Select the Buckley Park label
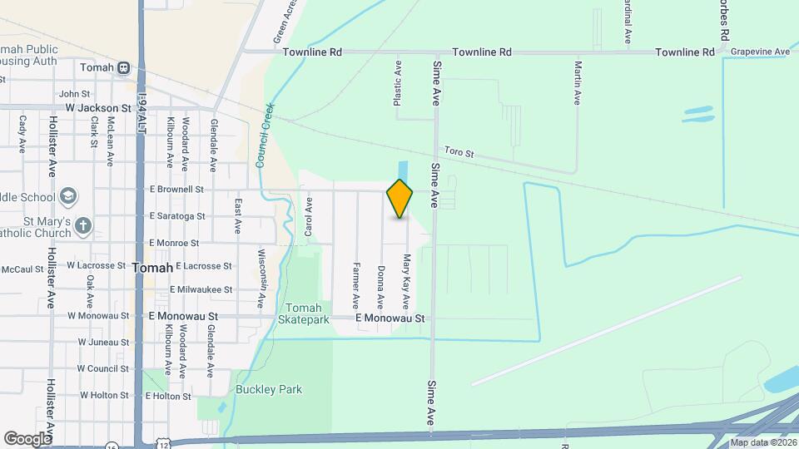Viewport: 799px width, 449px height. coord(268,389)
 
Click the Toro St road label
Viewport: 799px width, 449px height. coord(459,153)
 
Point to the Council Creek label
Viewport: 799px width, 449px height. coord(265,136)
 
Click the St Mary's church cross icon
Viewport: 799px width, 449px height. coord(82,225)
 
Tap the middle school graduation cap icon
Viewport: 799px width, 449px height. coord(68,197)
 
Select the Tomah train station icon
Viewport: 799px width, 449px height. coord(123,67)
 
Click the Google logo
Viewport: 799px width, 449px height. coord(27,438)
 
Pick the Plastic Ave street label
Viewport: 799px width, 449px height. coord(398,81)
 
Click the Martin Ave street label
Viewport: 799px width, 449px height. coord(576,81)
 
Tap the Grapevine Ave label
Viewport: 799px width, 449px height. coord(760,52)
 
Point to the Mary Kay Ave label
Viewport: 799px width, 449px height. coord(407,281)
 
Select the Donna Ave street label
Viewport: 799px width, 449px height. coord(380,287)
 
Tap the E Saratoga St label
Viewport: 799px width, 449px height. coord(177,216)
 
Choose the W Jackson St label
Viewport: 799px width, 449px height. coord(99,108)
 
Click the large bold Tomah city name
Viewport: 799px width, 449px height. coord(152,268)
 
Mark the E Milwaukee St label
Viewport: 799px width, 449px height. coord(201,289)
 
